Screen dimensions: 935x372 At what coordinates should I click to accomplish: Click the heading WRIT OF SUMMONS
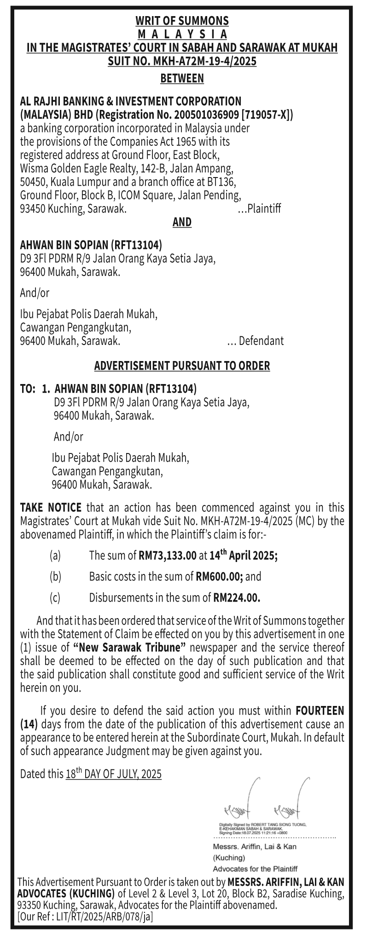tap(182, 21)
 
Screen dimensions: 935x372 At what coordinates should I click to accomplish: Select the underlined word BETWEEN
tap(182, 79)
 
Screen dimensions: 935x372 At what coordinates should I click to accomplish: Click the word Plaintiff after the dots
tap(264, 208)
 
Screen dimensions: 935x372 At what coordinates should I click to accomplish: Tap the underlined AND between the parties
tap(182, 222)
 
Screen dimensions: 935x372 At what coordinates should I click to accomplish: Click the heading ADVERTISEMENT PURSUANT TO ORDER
tap(182, 366)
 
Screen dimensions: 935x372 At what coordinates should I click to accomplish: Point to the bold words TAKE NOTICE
tap(51, 508)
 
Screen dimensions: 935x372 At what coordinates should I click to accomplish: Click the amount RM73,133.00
tap(167, 556)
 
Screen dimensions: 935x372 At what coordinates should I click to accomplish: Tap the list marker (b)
tap(55, 576)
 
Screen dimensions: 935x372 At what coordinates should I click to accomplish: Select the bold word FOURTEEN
tap(320, 711)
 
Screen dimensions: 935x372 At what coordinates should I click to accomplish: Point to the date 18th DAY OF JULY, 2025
tap(113, 774)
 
